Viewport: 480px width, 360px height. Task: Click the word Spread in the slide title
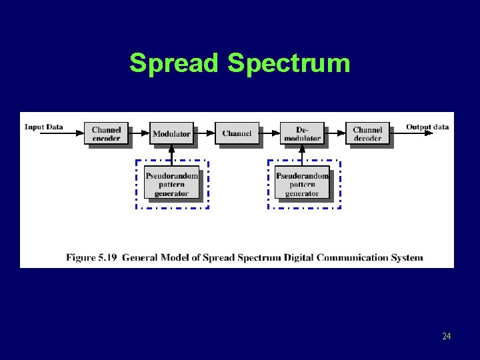174,63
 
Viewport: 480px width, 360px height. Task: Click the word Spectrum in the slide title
289,64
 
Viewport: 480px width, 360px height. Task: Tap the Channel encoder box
106,133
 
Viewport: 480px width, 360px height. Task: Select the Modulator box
171,133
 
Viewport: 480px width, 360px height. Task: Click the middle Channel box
237,133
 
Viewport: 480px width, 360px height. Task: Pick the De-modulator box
302,133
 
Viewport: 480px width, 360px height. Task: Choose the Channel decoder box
367,133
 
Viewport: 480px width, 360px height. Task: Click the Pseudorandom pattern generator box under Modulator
171,185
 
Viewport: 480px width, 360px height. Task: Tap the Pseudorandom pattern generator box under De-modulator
302,185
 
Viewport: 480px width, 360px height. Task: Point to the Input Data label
44,127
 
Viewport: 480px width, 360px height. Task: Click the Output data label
427,127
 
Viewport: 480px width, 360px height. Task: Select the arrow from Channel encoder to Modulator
139,133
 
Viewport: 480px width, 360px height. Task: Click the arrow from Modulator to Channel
204,133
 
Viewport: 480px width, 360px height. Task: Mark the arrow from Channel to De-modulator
269,133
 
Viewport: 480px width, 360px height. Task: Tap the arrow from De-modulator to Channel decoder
335,133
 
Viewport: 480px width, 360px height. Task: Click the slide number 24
446,336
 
